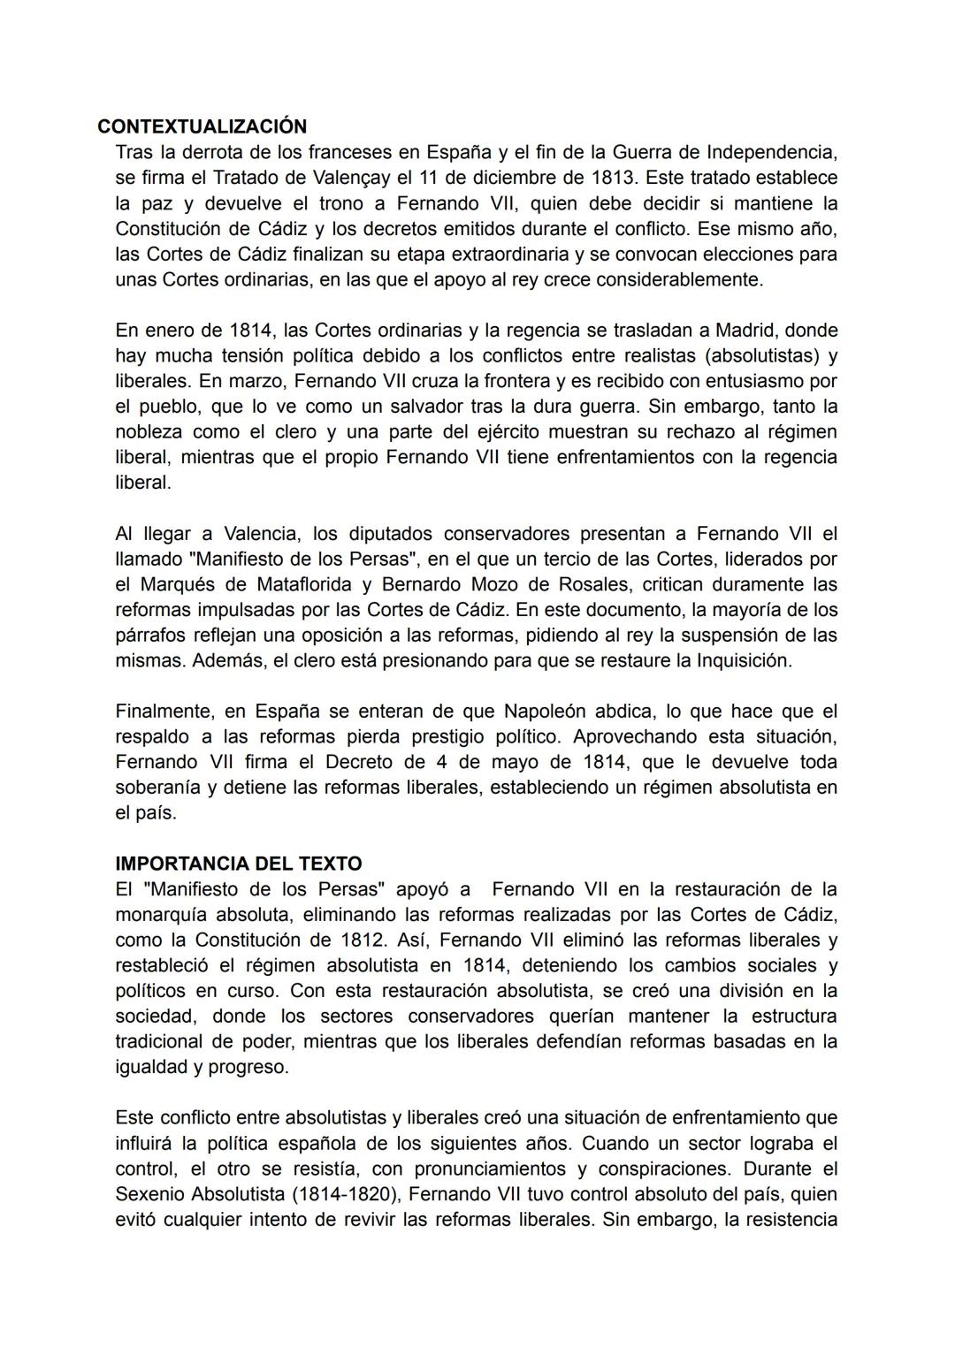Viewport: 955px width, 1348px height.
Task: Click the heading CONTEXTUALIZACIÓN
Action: pyautogui.click(x=202, y=126)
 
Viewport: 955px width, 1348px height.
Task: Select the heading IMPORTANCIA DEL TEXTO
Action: pyautogui.click(x=238, y=864)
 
